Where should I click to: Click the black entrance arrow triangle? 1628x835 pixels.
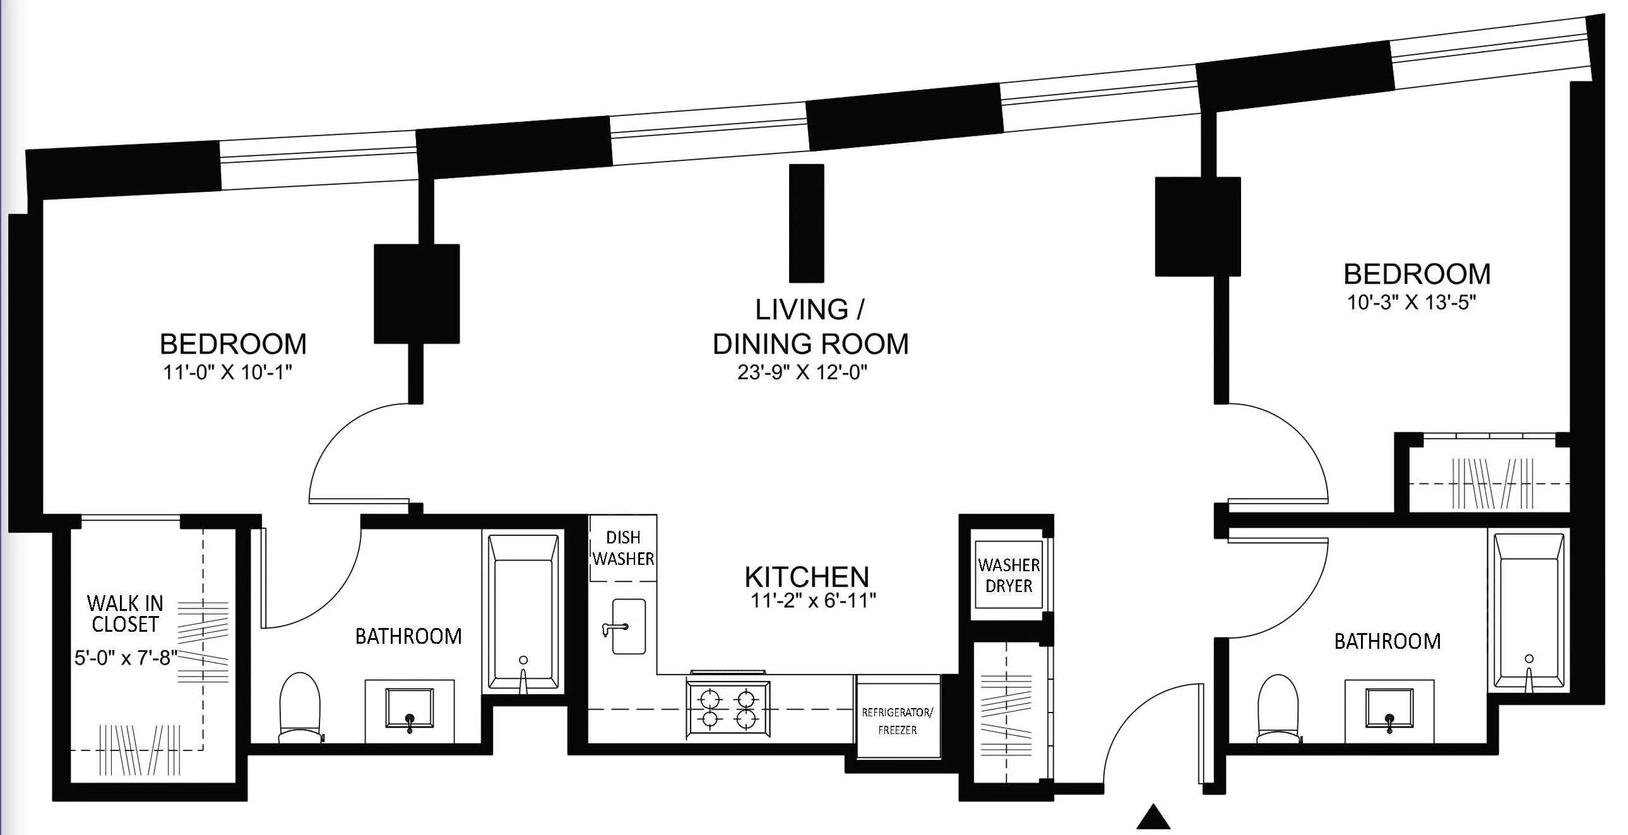click(x=1153, y=817)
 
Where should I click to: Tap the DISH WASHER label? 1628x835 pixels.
click(x=623, y=548)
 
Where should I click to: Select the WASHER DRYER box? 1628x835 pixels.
click(x=1009, y=575)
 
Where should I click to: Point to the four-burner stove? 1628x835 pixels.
click(x=728, y=709)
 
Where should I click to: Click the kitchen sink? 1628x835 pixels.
click(x=629, y=627)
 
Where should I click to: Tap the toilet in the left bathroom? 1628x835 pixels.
click(x=300, y=707)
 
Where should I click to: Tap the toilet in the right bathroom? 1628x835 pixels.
click(x=1278, y=708)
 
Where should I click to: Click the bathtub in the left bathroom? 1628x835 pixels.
click(x=523, y=612)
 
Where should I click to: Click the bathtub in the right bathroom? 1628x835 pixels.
click(x=1528, y=610)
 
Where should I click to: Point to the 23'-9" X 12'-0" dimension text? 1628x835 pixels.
click(x=802, y=373)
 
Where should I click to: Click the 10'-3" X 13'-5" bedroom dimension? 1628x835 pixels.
click(x=1411, y=303)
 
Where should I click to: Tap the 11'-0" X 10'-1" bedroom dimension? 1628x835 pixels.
click(x=227, y=372)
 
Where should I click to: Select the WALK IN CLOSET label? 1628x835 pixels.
click(x=125, y=613)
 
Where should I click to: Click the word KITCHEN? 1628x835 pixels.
click(x=806, y=577)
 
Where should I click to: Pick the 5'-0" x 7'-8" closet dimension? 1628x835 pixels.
click(x=126, y=658)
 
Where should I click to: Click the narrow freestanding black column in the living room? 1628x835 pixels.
click(x=806, y=223)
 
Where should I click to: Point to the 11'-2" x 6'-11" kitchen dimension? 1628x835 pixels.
click(x=812, y=600)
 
